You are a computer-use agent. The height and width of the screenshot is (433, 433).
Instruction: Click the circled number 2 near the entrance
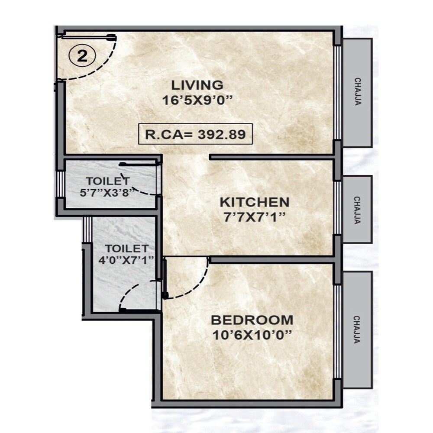pos(82,56)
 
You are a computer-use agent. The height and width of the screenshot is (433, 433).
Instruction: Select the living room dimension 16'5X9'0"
pos(197,100)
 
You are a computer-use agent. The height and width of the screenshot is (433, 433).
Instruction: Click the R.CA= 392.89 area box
pos(195,134)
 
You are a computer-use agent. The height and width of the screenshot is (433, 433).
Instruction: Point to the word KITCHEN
pos(254,202)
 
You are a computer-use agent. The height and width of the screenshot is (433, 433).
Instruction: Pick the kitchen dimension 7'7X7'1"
pos(254,216)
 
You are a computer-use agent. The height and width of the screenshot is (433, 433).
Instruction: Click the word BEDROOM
pos(252,320)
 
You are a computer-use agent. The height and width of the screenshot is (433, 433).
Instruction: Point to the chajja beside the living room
pos(357,92)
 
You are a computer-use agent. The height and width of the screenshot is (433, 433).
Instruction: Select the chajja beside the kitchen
pos(357,210)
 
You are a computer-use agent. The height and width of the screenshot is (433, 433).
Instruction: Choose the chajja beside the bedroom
pos(357,330)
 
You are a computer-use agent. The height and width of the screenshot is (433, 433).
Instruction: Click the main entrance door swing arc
pos(102,69)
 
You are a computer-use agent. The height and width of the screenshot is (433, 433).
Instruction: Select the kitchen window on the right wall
pos(337,208)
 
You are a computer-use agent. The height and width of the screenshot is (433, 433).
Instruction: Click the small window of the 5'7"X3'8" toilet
pos(61,184)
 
